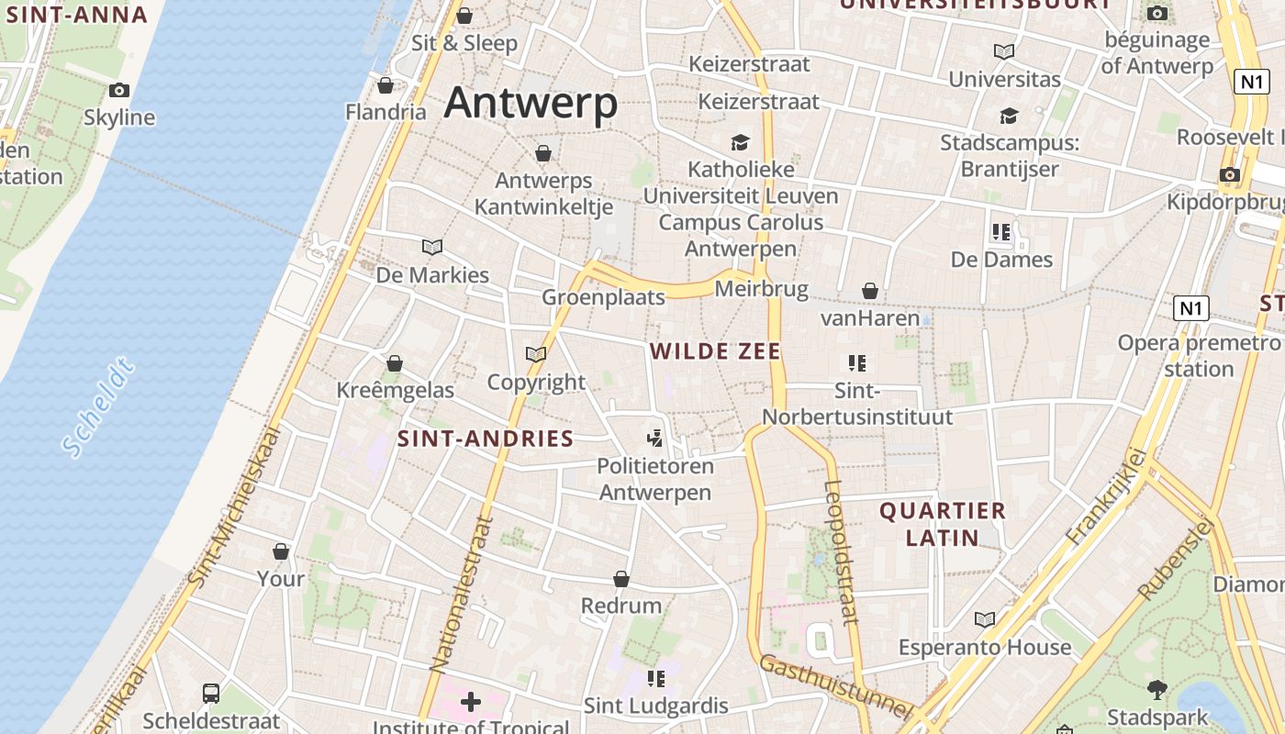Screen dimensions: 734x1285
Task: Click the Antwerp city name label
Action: pos(531,103)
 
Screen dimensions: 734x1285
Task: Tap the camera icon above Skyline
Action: pos(119,90)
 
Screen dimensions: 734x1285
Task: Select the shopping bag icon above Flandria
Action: pos(385,85)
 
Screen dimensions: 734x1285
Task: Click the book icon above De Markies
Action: pos(432,247)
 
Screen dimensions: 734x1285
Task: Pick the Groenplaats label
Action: pos(603,297)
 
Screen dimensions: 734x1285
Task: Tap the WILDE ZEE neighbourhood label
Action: pos(715,351)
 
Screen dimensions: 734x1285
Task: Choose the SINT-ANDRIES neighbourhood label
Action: pos(485,439)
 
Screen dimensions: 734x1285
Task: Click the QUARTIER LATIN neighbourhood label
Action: pos(943,524)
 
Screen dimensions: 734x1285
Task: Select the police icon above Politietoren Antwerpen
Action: pos(654,439)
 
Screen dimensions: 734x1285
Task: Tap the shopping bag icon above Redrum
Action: pos(621,579)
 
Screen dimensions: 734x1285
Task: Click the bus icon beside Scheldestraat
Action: pos(211,693)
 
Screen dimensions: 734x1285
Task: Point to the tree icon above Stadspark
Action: pos(1157,689)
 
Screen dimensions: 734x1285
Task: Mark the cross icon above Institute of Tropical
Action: pos(471,703)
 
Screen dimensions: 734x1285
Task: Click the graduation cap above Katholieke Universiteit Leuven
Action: pos(740,142)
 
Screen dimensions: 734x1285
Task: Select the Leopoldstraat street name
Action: pos(841,552)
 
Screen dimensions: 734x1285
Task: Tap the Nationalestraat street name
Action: pos(462,593)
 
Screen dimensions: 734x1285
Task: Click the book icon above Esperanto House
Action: pos(985,620)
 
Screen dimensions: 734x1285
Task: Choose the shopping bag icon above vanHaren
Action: pos(870,291)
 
